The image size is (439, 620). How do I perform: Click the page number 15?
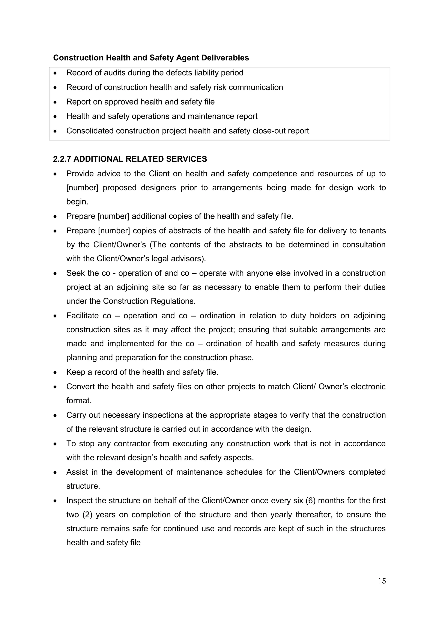pos(382,581)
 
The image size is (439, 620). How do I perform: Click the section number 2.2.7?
pos(62,159)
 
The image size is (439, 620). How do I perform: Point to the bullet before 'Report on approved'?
pos(55,102)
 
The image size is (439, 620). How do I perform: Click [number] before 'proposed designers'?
pos(83,188)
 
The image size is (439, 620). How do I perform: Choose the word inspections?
pos(163,415)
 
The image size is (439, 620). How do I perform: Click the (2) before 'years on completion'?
pos(87,515)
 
